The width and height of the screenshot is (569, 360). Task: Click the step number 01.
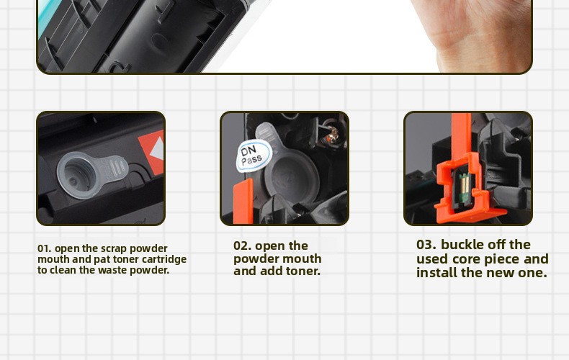(x=44, y=248)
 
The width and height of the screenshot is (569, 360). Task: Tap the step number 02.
(x=243, y=246)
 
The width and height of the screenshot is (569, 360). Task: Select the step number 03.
(x=426, y=245)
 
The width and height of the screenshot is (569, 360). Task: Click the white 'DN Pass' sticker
(x=254, y=156)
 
